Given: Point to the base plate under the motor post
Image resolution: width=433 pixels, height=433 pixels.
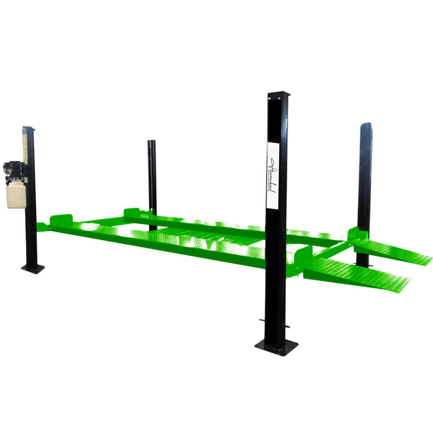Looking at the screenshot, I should click(33, 268).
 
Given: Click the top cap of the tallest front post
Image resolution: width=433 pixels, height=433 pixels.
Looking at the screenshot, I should click(279, 95).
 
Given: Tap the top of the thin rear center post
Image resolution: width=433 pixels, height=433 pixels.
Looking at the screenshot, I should click(151, 142).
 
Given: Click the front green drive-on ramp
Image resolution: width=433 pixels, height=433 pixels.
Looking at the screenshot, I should click(357, 277).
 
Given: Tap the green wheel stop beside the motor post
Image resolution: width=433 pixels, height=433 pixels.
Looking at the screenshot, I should click(60, 219).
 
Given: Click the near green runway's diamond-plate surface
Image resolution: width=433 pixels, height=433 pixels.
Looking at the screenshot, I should click(160, 241).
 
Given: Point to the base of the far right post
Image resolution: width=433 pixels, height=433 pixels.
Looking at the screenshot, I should click(363, 265).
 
